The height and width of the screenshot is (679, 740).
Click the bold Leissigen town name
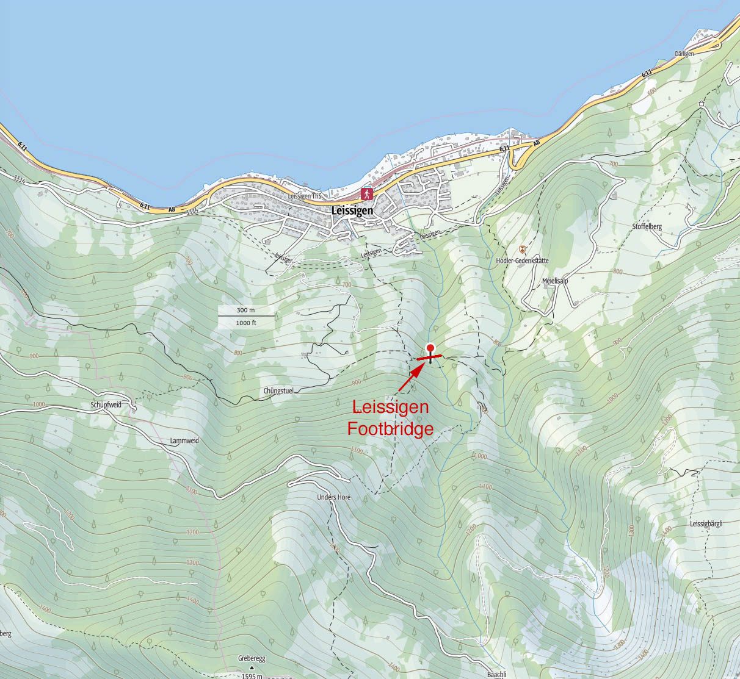coord(352,210)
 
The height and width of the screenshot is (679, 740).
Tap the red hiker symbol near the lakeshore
coord(367,194)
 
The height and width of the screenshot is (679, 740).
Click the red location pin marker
coord(431,349)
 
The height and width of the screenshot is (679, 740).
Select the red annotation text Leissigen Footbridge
coord(390,418)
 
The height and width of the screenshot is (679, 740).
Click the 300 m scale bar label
coord(245,311)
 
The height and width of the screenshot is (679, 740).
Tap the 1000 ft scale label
coord(245,323)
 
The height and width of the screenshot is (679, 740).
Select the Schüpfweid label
coord(106,404)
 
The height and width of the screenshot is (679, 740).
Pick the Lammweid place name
coord(184,440)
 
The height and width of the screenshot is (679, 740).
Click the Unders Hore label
coord(333,497)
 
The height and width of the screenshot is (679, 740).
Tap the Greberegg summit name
coord(251,659)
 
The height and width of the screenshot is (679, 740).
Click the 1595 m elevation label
coord(252,675)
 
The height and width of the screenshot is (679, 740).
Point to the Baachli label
coord(496,674)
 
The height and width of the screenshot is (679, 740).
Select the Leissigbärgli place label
coord(706,523)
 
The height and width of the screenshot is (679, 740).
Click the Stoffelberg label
coord(647,226)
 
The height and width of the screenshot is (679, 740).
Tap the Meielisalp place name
coord(554,281)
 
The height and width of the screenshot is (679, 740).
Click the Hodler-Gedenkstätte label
coord(522,260)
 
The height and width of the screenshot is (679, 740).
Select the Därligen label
coord(684,54)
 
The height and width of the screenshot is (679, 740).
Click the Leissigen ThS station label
coord(304,196)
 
